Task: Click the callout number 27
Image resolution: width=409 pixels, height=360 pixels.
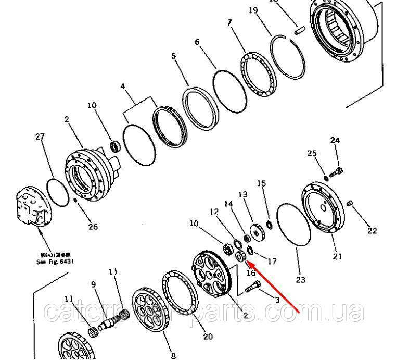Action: point(41,136)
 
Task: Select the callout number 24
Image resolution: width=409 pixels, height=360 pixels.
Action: point(335,140)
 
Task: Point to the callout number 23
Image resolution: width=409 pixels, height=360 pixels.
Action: point(301,280)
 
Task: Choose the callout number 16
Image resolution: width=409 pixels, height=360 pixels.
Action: point(251,272)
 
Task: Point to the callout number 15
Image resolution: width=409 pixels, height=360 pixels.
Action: point(261,183)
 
